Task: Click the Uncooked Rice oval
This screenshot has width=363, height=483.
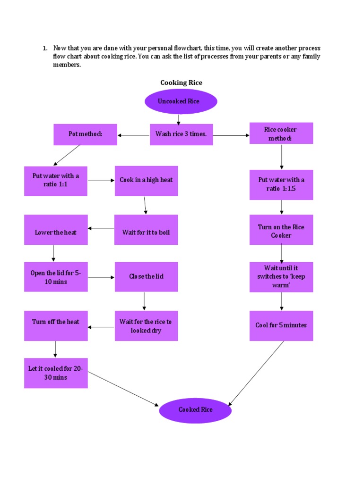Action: coord(181,101)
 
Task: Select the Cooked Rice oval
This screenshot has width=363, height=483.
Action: coord(195,410)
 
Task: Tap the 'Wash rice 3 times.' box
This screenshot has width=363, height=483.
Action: coord(181,134)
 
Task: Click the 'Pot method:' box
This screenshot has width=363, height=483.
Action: coord(86,134)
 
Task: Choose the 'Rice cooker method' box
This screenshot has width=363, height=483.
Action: coord(281,133)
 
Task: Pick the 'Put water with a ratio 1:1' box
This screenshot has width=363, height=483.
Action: coord(56,181)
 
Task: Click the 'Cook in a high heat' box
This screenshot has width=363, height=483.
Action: coord(146,181)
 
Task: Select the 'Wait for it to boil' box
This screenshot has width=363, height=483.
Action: coord(146,230)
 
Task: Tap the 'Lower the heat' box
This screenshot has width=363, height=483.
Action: coord(56,230)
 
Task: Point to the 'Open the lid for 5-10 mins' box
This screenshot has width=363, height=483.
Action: coord(56,277)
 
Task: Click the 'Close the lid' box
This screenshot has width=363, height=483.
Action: coord(146,277)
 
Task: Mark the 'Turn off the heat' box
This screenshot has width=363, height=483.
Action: coord(56,325)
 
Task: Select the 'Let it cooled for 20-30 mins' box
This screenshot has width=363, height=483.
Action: coord(56,373)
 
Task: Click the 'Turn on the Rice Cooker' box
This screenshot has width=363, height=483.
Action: coord(281,230)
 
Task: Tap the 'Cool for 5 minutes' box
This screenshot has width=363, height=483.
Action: coord(281,325)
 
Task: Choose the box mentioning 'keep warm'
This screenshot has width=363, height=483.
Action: coord(281,277)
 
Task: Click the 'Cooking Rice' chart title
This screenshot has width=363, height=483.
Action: coord(181,83)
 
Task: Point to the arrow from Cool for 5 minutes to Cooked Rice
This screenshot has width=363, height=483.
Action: coord(256,373)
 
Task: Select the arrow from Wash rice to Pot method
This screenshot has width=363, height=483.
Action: coord(134,135)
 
